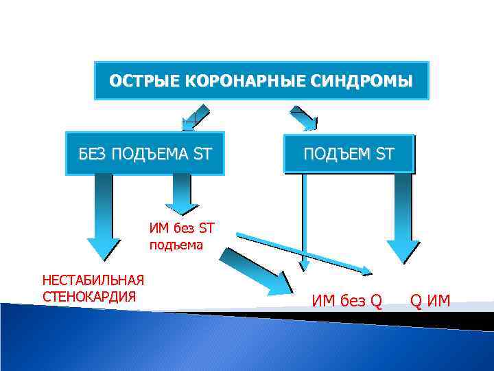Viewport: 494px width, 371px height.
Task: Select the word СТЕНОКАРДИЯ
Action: tap(89, 297)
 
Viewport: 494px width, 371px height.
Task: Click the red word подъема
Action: tap(176, 244)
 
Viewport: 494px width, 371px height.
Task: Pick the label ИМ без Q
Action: tap(346, 300)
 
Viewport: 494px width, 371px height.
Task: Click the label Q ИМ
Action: tap(430, 300)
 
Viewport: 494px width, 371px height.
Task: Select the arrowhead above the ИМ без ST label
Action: tap(182, 207)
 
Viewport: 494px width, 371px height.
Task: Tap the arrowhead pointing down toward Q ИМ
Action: tap(403, 251)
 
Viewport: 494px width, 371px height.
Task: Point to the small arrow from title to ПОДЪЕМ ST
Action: tap(306, 120)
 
